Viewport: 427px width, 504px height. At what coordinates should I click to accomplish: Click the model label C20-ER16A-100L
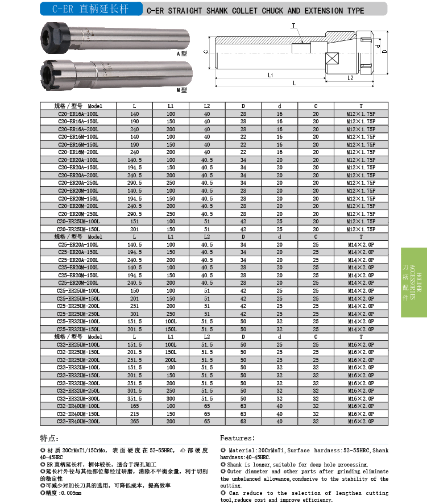pos(78,114)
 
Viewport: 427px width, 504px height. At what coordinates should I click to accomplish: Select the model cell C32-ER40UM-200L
pos(78,422)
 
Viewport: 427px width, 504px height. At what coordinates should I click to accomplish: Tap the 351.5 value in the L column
pos(134,398)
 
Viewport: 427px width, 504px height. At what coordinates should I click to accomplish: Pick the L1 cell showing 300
pos(171,398)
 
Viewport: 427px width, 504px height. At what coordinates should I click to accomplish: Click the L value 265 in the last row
pos(134,422)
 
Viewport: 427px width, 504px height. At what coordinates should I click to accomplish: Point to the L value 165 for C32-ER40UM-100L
pos(134,406)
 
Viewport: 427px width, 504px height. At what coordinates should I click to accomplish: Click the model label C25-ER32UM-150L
pos(78,329)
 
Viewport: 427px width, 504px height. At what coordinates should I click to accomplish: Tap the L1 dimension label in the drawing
pos(271,75)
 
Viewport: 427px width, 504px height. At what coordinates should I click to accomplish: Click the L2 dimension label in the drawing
pos(350,78)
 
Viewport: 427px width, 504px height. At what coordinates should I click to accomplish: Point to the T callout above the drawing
pos(293,26)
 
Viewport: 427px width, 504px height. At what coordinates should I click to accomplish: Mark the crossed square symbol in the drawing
pos(332,59)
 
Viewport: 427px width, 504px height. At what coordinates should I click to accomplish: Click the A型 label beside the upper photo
pos(182,53)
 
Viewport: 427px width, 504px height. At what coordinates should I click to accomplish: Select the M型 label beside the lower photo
pos(182,90)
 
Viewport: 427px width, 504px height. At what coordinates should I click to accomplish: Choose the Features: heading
pos(237,438)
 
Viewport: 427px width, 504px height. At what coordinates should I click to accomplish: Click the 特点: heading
pos(49,438)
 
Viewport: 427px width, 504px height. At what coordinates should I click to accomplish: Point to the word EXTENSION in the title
pos(324,10)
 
